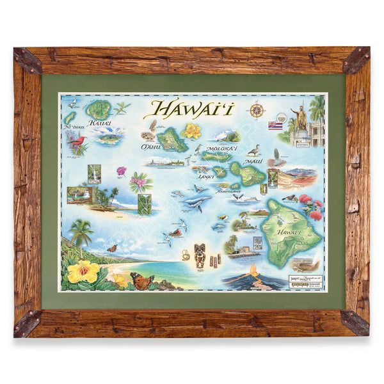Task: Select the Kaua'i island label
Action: click(100, 122)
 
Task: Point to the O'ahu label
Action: click(148, 147)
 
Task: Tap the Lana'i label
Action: click(205, 175)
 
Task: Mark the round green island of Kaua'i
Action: click(99, 109)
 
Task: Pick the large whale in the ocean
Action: click(196, 202)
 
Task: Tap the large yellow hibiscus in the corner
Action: click(83, 271)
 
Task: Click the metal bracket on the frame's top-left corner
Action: click(29, 60)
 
